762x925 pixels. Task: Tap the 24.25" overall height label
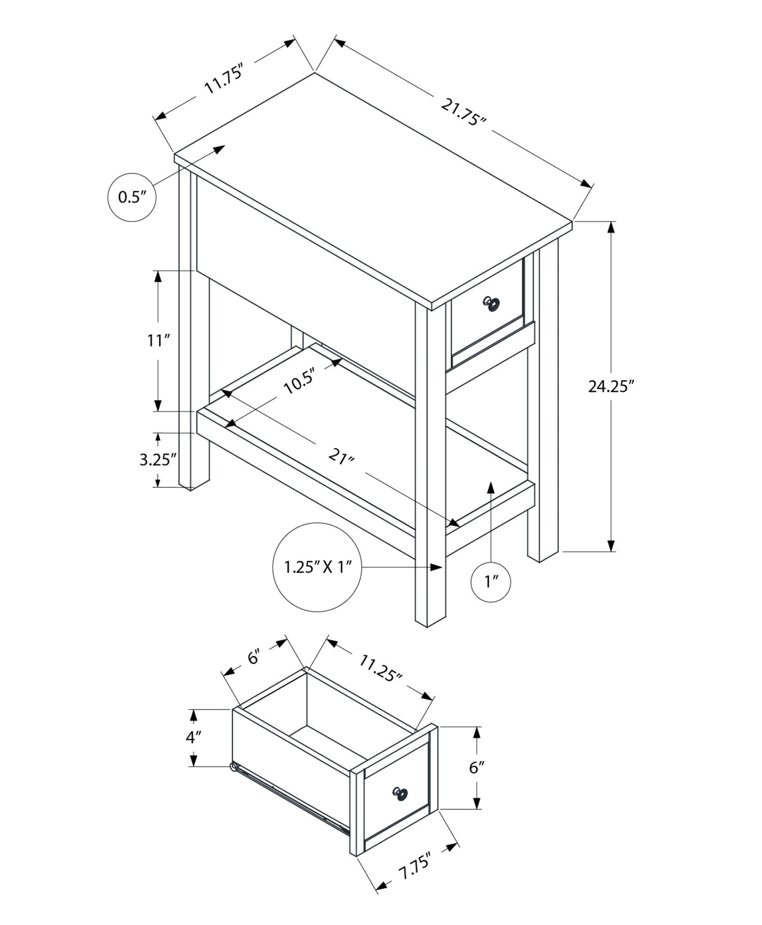click(611, 387)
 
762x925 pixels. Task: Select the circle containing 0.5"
click(132, 197)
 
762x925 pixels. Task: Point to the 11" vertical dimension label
click(158, 341)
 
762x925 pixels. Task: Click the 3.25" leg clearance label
click(158, 459)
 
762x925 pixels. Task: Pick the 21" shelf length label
click(341, 456)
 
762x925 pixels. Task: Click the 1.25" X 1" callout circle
click(317, 567)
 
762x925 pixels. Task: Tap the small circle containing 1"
click(490, 582)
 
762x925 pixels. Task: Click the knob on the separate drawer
click(400, 792)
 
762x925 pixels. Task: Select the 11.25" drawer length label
click(380, 668)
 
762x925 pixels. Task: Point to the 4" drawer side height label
click(194, 737)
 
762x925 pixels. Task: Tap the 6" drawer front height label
click(475, 767)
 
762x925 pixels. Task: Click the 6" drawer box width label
click(254, 657)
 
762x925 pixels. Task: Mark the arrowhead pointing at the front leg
click(436, 567)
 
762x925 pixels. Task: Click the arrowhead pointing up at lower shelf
click(490, 487)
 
